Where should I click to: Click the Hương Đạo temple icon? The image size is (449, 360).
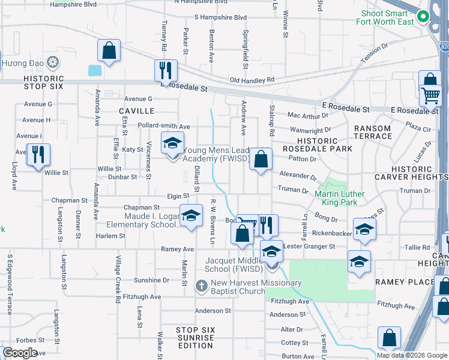pos(53,62)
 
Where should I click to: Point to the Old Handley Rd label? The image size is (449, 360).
pos(252,80)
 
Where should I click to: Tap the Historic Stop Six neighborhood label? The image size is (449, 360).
pos(44,82)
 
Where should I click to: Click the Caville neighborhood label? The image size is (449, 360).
pos(136,111)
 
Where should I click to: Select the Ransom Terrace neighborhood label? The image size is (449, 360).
pos(373,132)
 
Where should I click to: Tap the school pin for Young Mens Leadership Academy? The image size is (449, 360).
pos(172,144)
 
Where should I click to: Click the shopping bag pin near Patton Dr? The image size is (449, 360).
pos(261,160)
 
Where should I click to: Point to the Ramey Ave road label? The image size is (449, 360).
pos(177,248)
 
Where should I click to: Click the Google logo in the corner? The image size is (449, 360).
pos(20,353)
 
